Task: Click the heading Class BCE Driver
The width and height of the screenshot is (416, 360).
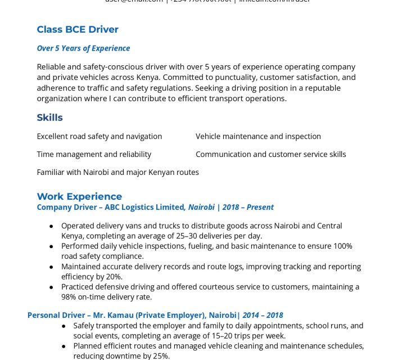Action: tap(78, 29)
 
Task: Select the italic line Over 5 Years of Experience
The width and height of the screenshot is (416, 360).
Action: tap(83, 48)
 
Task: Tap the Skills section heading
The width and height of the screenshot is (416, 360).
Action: tap(49, 118)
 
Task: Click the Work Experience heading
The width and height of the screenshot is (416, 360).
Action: tap(79, 196)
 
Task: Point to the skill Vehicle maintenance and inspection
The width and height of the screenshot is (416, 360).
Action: tap(258, 136)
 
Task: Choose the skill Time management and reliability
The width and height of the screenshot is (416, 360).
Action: tap(94, 154)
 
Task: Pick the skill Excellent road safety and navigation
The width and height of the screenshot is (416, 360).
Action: tap(99, 136)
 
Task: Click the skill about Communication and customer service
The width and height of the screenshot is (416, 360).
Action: tap(270, 154)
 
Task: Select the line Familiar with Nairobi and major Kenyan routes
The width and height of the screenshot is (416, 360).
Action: tap(117, 172)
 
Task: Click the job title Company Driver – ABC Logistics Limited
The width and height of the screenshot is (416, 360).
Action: tap(111, 207)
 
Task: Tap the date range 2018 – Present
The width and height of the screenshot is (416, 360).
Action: tap(248, 207)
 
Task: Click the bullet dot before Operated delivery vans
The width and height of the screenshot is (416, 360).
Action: tap(51, 226)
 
